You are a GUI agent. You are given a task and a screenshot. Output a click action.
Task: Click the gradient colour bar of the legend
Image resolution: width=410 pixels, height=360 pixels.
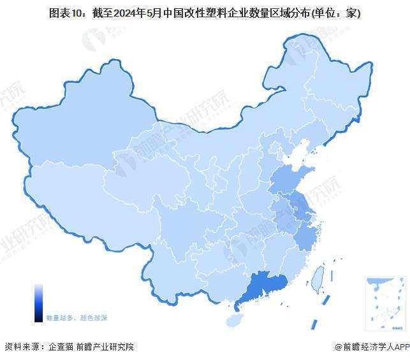point(39,303)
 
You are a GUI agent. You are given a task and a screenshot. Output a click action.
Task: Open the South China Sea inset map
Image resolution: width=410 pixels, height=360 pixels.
point(385,303)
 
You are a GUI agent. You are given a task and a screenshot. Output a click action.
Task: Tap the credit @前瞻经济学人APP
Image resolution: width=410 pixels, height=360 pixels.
point(372,347)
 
